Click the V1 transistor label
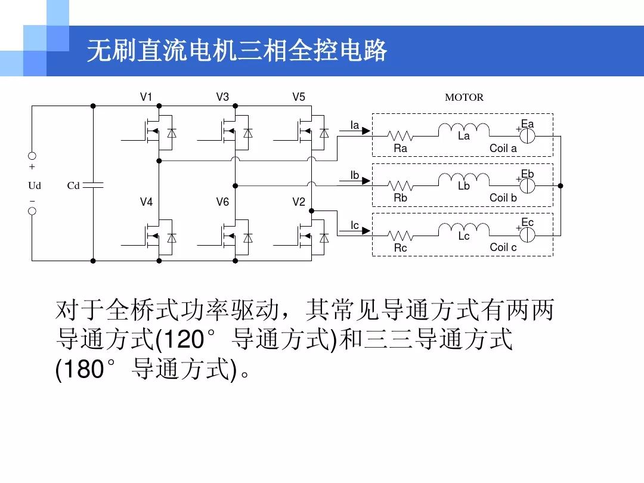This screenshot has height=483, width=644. click(x=146, y=97)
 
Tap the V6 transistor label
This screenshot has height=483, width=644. click(x=222, y=202)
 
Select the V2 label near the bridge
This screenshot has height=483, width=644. click(x=298, y=202)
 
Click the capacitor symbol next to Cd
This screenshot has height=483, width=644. click(x=94, y=185)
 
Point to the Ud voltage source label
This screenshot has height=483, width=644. click(x=35, y=186)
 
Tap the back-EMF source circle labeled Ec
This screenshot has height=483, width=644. click(x=527, y=234)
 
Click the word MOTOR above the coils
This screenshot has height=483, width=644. click(x=464, y=97)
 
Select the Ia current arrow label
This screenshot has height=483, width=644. click(x=355, y=125)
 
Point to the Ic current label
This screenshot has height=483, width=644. click(x=355, y=225)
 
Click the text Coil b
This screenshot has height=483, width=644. click(x=503, y=197)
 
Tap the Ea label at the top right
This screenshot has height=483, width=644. click(x=528, y=124)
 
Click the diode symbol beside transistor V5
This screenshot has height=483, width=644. click(x=324, y=133)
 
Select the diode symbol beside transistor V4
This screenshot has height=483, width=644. click(x=172, y=238)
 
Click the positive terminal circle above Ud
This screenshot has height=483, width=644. click(x=32, y=156)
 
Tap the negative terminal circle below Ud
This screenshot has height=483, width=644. click(x=32, y=211)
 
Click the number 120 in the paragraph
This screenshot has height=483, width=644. click(x=180, y=340)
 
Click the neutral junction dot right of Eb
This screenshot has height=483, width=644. click(x=561, y=185)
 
